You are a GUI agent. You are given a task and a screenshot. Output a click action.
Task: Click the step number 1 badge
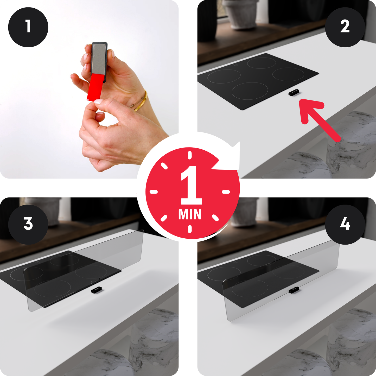[28, 27]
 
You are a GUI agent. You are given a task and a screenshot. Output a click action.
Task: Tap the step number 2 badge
[345, 27]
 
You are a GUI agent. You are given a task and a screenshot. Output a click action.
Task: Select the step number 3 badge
[28, 225]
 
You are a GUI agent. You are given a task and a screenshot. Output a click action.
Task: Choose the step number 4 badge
[345, 225]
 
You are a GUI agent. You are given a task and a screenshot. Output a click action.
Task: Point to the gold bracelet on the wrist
[141, 101]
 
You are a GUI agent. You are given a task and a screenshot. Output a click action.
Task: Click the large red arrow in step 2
[320, 120]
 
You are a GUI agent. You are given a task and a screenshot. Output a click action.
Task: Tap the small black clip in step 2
[294, 93]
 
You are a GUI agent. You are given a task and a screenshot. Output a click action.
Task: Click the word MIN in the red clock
[190, 214]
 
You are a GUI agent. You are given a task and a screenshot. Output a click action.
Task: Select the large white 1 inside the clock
[191, 185]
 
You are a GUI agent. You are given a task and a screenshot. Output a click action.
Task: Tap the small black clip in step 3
[97, 290]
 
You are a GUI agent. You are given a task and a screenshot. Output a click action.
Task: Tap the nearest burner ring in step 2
[250, 91]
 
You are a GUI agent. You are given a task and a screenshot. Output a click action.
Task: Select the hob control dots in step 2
[235, 65]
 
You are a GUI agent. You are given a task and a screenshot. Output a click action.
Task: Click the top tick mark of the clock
[190, 155]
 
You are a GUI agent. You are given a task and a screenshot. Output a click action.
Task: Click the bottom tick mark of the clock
[190, 229]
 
